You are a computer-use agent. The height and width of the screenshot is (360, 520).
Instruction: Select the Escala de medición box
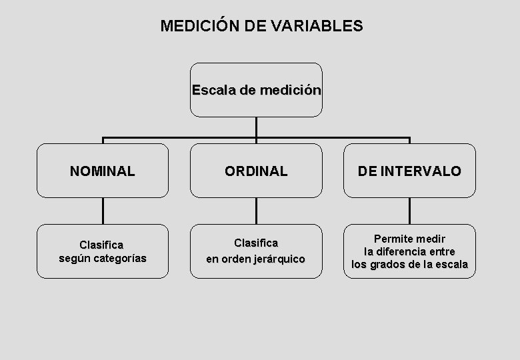256,90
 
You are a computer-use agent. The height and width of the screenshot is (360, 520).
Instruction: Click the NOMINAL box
103,171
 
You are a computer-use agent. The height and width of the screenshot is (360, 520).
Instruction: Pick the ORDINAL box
256,171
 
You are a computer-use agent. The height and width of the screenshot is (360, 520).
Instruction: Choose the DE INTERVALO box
409,171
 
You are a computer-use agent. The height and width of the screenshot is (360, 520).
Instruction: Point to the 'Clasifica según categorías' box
103,251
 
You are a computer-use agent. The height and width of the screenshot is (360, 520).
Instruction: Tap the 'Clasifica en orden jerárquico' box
256,251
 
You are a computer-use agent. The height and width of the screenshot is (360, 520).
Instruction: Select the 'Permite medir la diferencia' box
409,251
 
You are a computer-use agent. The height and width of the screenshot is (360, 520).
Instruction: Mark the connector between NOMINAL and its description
103,211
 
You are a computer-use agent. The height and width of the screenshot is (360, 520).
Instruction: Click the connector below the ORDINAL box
256,211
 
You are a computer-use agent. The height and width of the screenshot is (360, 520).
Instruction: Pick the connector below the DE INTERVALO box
409,211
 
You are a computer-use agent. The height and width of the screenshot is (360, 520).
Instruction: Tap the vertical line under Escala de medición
256,127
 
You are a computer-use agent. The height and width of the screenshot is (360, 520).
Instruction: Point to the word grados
397,265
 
